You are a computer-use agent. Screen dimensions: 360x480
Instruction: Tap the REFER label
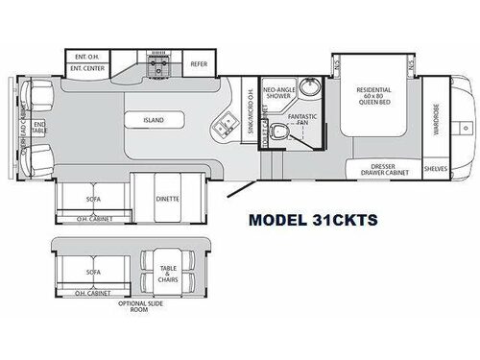(199, 66)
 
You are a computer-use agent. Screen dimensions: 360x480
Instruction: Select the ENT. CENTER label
(88, 68)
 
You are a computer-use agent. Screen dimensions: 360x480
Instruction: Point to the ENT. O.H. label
(87, 56)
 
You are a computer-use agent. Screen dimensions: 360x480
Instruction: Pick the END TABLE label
(39, 126)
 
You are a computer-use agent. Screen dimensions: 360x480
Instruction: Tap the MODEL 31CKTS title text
(314, 218)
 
